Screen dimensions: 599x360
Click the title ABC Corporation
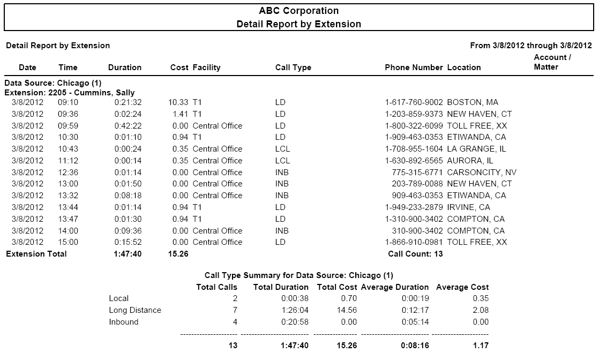click(x=299, y=11)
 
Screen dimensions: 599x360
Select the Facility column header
click(x=206, y=67)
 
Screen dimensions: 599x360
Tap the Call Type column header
click(x=293, y=67)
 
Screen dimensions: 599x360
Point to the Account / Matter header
click(x=552, y=62)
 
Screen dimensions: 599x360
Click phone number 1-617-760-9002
click(x=414, y=102)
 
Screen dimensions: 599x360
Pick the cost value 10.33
click(x=178, y=102)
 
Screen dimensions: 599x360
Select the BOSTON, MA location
click(x=473, y=102)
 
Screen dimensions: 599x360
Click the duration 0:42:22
click(x=128, y=126)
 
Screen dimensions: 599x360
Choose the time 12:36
click(x=68, y=172)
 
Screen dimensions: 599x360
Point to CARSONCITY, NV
click(x=482, y=172)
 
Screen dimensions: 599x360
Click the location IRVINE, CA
click(x=468, y=207)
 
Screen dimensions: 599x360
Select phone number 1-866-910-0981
click(x=414, y=242)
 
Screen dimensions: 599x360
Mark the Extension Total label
click(x=36, y=254)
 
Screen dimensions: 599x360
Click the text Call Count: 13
click(x=415, y=254)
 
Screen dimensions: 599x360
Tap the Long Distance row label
click(x=135, y=310)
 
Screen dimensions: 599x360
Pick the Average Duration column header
click(x=395, y=287)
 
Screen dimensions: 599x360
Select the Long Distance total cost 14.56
click(x=347, y=310)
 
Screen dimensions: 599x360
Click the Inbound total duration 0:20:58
click(x=295, y=322)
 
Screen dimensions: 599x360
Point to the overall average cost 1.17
click(x=481, y=346)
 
